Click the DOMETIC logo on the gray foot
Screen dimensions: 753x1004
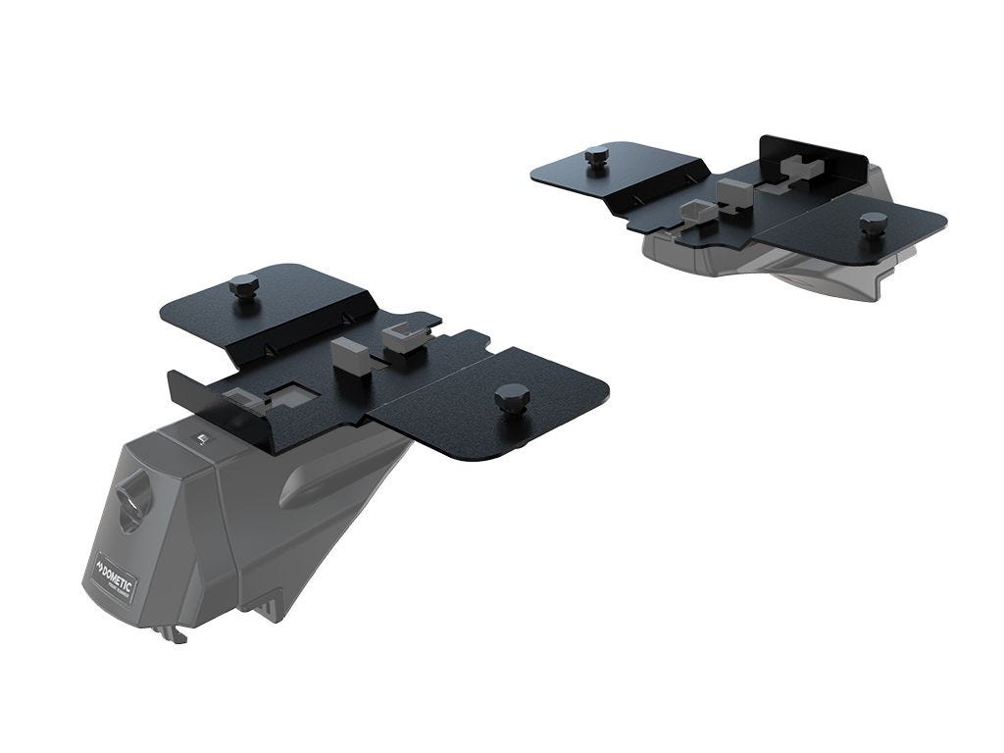pyautogui.click(x=116, y=574)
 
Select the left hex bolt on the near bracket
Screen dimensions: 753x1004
pyautogui.click(x=243, y=288)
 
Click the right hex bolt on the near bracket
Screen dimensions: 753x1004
pyautogui.click(x=512, y=399)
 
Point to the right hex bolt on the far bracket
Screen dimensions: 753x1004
pyautogui.click(x=872, y=224)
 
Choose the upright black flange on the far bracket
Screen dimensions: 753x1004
pyautogui.click(x=814, y=152)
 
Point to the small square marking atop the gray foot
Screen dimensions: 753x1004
pyautogui.click(x=200, y=439)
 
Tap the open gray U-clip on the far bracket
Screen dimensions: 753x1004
pyautogui.click(x=697, y=210)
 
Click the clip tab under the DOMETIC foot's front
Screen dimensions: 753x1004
pyautogui.click(x=176, y=634)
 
